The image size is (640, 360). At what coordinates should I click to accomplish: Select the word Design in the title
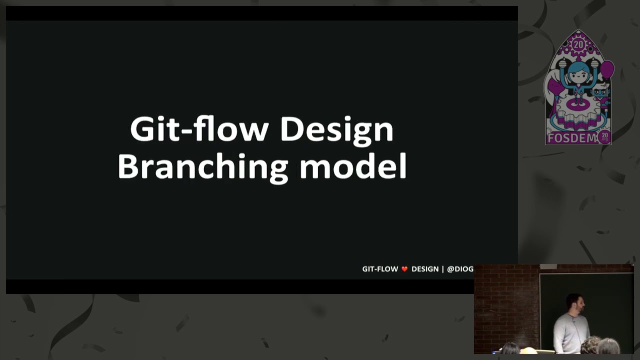pyautogui.click(x=336, y=130)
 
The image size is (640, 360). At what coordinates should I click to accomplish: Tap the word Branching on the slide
pyautogui.click(x=203, y=166)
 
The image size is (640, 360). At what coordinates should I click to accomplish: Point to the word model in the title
pyautogui.click(x=353, y=166)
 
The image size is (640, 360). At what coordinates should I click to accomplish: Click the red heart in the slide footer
pyautogui.click(x=404, y=269)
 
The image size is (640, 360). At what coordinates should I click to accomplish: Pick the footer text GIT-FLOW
pyautogui.click(x=380, y=269)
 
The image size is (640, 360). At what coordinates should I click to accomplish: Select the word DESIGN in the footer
pyautogui.click(x=425, y=269)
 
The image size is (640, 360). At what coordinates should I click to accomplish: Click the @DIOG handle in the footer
pyautogui.click(x=460, y=269)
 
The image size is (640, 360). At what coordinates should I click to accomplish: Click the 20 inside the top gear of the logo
pyautogui.click(x=578, y=44)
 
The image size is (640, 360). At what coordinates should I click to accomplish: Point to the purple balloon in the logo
pyautogui.click(x=607, y=69)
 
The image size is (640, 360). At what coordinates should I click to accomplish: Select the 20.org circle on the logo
pyautogui.click(x=604, y=136)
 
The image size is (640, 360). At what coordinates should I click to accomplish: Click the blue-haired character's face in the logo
pyautogui.click(x=579, y=77)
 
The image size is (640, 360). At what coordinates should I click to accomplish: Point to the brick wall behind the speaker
pyautogui.click(x=505, y=300)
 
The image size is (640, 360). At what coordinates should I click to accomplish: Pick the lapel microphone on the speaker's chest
pyautogui.click(x=574, y=321)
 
